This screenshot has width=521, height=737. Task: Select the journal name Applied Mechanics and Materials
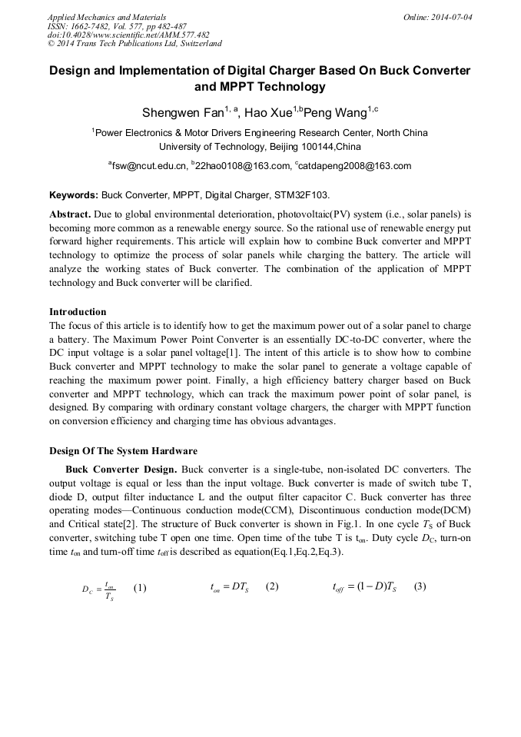click(x=106, y=17)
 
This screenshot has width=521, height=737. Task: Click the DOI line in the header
click(x=128, y=35)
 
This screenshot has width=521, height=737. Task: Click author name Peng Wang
click(x=335, y=113)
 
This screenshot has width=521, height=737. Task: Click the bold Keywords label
click(x=74, y=196)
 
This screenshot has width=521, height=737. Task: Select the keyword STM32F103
click(x=302, y=196)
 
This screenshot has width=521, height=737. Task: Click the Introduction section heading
click(x=78, y=312)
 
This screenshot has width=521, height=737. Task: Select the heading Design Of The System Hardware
click(x=123, y=451)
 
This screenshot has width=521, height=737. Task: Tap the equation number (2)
click(x=272, y=586)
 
